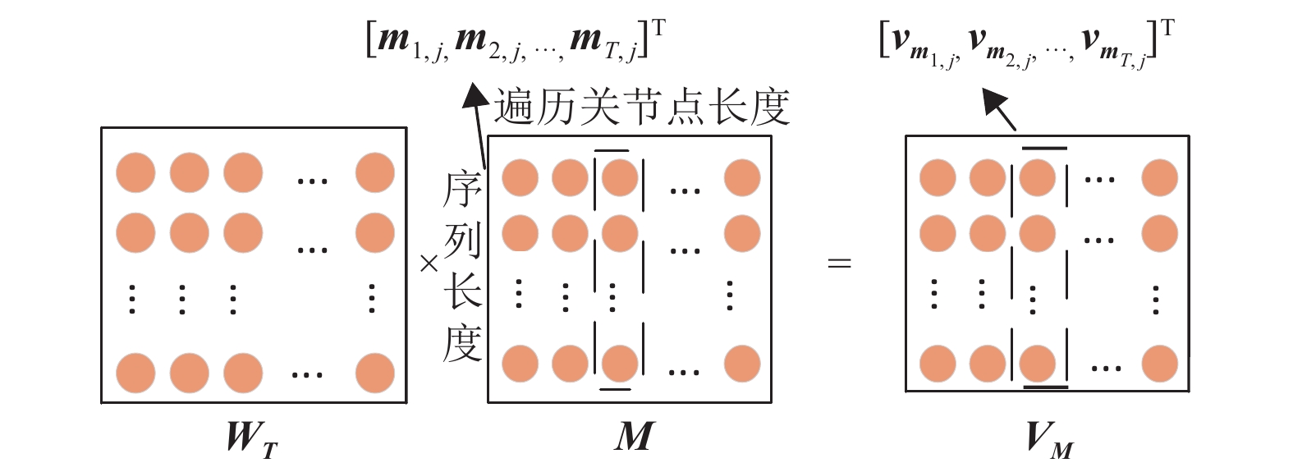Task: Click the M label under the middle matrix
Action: coord(634,436)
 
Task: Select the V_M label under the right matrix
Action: coord(1048,439)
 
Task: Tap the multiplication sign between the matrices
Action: coord(429,263)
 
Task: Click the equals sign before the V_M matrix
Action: coord(839,263)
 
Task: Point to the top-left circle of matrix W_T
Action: coord(135,173)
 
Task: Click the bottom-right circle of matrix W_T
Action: coord(375,373)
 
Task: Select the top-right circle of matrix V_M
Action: coord(1159,178)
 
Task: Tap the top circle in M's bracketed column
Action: coord(619,178)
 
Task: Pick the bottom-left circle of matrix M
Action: coord(520,364)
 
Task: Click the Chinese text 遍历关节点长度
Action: coord(641,108)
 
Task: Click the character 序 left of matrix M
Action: coord(462,190)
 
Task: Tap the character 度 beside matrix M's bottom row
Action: coord(462,344)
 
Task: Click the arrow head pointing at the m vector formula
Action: coord(475,95)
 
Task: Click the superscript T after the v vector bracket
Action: coord(1167,29)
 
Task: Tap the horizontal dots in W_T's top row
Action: coord(312,181)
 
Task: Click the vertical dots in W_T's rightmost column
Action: coord(372,299)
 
